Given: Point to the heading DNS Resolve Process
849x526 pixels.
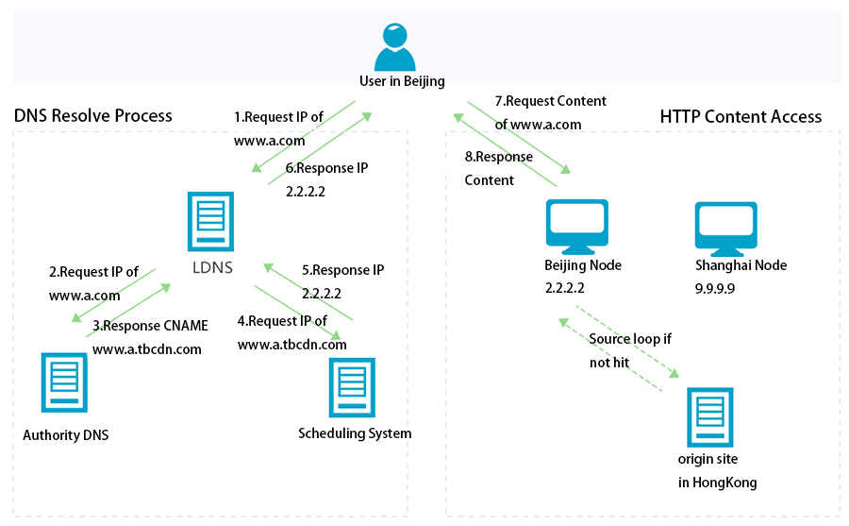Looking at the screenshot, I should (93, 115).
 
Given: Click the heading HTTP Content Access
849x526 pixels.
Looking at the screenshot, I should (741, 117).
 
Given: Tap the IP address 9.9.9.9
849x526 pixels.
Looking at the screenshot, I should (715, 286).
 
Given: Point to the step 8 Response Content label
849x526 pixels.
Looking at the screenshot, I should (498, 168).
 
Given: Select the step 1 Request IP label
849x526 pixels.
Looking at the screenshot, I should (278, 128).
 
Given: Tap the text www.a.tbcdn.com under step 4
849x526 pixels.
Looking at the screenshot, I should (291, 345).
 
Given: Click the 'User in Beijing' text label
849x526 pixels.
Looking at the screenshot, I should (402, 81).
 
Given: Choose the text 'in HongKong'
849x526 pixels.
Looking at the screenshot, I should (717, 483).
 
